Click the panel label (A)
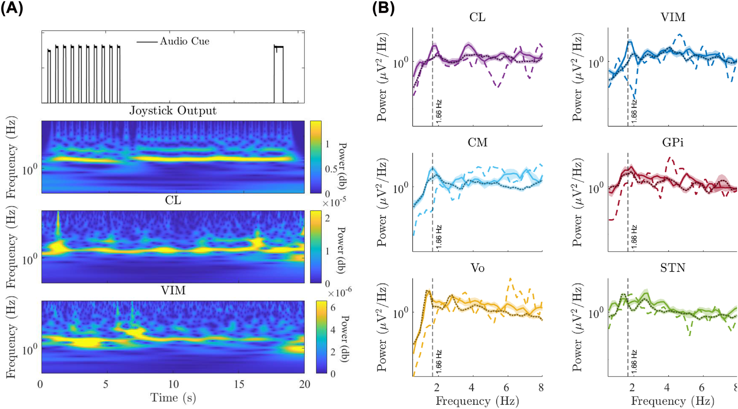[x=12, y=8]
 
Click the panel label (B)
[x=383, y=8]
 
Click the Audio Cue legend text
[x=184, y=41]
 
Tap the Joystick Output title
[x=173, y=111]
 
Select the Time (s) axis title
[x=173, y=398]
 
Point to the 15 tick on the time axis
[x=239, y=384]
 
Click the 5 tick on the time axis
[x=106, y=384]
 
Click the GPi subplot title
[x=673, y=142]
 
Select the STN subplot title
[x=673, y=268]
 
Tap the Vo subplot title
[x=477, y=268]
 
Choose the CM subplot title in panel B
[x=477, y=142]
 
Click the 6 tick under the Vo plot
[x=506, y=387]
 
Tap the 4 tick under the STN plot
[x=667, y=387]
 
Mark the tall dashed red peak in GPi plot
[x=670, y=158]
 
